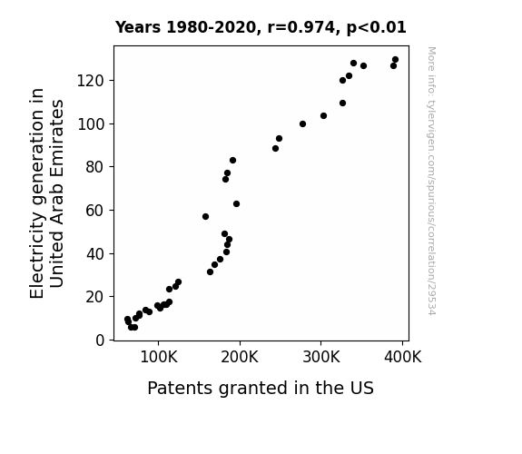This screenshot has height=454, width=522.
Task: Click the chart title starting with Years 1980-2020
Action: (261, 27)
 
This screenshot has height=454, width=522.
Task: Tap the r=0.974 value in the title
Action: (301, 27)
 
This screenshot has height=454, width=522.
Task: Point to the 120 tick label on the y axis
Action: (91, 81)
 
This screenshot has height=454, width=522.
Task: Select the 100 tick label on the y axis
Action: (91, 123)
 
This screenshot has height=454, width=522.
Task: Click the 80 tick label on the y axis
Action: (95, 167)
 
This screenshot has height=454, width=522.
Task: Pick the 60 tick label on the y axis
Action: (95, 211)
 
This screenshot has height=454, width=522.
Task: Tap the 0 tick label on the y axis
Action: (100, 340)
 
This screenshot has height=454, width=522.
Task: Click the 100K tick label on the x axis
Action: (159, 357)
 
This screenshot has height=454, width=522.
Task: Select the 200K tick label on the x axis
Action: (240, 357)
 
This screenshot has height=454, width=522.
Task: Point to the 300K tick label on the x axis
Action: (321, 357)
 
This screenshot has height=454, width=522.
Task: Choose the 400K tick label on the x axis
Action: (402, 357)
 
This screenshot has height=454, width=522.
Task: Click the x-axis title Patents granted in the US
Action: (261, 388)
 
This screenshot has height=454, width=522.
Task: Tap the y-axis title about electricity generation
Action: (46, 193)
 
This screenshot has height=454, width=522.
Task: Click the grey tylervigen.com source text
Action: (431, 181)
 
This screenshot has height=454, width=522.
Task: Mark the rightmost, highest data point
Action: (395, 60)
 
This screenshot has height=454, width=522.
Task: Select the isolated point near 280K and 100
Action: (302, 123)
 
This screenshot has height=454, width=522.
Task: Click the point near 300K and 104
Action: (323, 116)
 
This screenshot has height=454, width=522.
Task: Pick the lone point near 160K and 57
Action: (205, 216)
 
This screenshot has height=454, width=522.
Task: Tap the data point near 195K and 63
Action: (236, 204)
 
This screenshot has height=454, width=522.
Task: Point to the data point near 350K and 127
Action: (363, 66)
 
